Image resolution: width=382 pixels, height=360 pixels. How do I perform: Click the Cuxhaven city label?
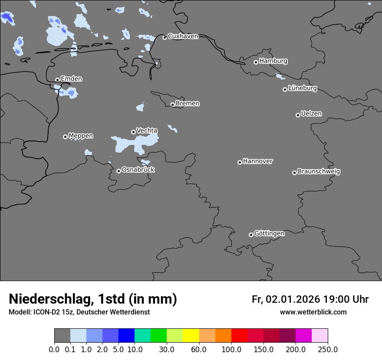[183, 36]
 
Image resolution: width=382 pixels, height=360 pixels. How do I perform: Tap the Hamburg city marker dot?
[256, 62]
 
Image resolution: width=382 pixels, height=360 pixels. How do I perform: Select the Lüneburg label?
[302, 88]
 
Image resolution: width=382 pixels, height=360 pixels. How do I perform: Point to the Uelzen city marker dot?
[298, 115]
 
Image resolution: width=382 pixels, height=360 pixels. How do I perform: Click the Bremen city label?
[188, 103]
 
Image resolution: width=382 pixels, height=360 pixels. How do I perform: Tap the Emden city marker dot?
[57, 80]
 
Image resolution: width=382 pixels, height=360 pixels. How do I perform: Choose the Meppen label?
[81, 136]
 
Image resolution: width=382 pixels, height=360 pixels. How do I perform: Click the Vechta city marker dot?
[133, 132]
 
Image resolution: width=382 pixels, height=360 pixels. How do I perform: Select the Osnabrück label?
[138, 170]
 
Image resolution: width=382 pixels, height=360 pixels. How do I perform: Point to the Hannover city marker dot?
[240, 162]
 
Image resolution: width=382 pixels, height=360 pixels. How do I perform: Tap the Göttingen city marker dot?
[251, 235]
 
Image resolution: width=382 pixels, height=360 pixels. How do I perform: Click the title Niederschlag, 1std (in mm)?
[93, 299]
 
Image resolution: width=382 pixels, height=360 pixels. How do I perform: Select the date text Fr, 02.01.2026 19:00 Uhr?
[310, 299]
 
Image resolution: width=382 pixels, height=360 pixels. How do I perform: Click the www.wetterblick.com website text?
[313, 312]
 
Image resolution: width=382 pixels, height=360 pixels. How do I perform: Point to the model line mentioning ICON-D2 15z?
[79, 312]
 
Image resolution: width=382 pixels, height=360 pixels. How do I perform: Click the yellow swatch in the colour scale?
[191, 336]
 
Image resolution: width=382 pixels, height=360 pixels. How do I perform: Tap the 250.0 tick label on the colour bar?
[328, 349]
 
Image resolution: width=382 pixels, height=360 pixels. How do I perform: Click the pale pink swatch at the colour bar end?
[319, 336]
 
